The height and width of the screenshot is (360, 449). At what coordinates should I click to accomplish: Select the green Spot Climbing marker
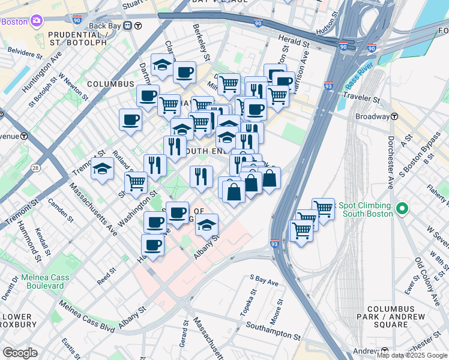(402, 209)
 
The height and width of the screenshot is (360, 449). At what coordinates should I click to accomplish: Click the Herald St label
(294, 41)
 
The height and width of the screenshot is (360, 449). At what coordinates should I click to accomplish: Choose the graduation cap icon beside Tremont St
(102, 169)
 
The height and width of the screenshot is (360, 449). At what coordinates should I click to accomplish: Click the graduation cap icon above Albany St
(206, 226)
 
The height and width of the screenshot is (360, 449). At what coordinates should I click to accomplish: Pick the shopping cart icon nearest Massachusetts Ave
(136, 182)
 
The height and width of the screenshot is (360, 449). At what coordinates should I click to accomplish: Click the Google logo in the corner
(20, 352)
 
